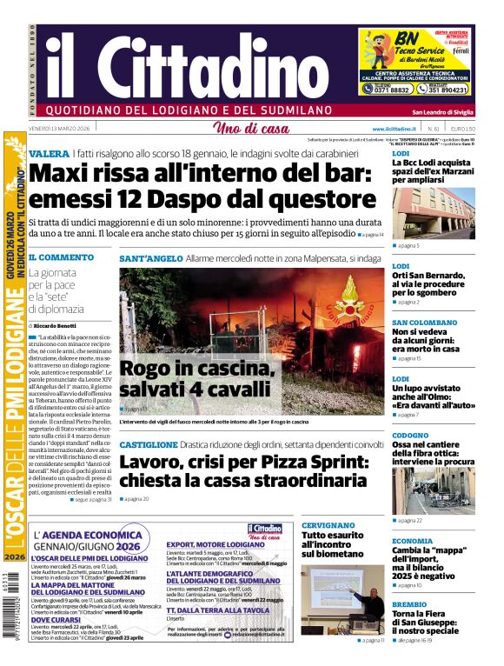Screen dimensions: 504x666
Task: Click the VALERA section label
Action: point(49,153)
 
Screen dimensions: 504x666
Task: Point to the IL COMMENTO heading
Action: point(61,257)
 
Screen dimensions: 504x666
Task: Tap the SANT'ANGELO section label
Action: point(151,258)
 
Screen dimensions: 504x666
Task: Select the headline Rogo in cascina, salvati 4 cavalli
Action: point(196,378)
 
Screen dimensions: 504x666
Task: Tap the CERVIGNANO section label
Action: point(328,526)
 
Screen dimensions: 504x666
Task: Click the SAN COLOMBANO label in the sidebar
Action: point(424,323)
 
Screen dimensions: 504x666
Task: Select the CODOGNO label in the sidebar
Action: point(410,435)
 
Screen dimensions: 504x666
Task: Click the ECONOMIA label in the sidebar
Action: point(412,541)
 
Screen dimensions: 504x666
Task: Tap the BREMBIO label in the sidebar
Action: point(409,604)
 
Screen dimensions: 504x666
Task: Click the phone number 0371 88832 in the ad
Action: point(393,89)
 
